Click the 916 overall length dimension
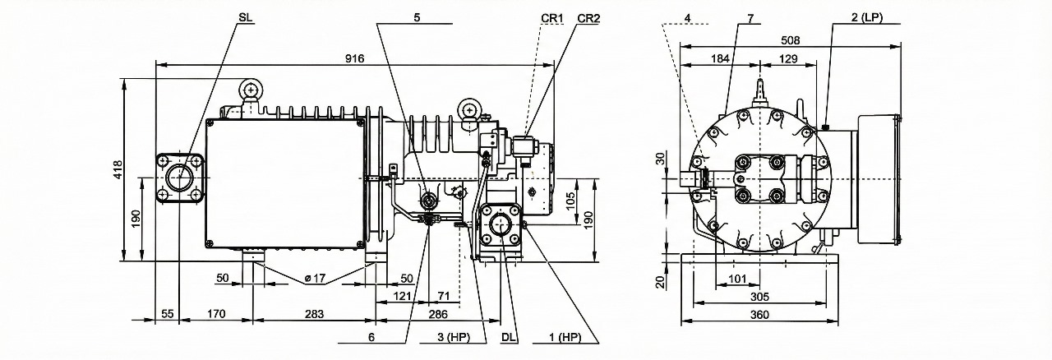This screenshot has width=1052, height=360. coord(355,58)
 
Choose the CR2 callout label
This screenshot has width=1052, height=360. coord(588,16)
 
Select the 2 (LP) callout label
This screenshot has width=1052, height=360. coord(865,16)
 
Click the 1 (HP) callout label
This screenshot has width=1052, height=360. coord(565,338)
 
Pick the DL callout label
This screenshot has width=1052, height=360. coord(508,338)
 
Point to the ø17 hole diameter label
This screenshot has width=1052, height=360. coord(314,279)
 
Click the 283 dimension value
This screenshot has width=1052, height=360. coord(314,314)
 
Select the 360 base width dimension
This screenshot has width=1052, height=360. coord(759,315)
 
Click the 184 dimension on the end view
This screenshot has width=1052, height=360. coord(720,58)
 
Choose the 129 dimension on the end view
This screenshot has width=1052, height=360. coord(787,58)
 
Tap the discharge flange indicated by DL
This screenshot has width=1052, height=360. coord(500,227)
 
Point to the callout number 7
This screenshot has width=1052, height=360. coord(750,16)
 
